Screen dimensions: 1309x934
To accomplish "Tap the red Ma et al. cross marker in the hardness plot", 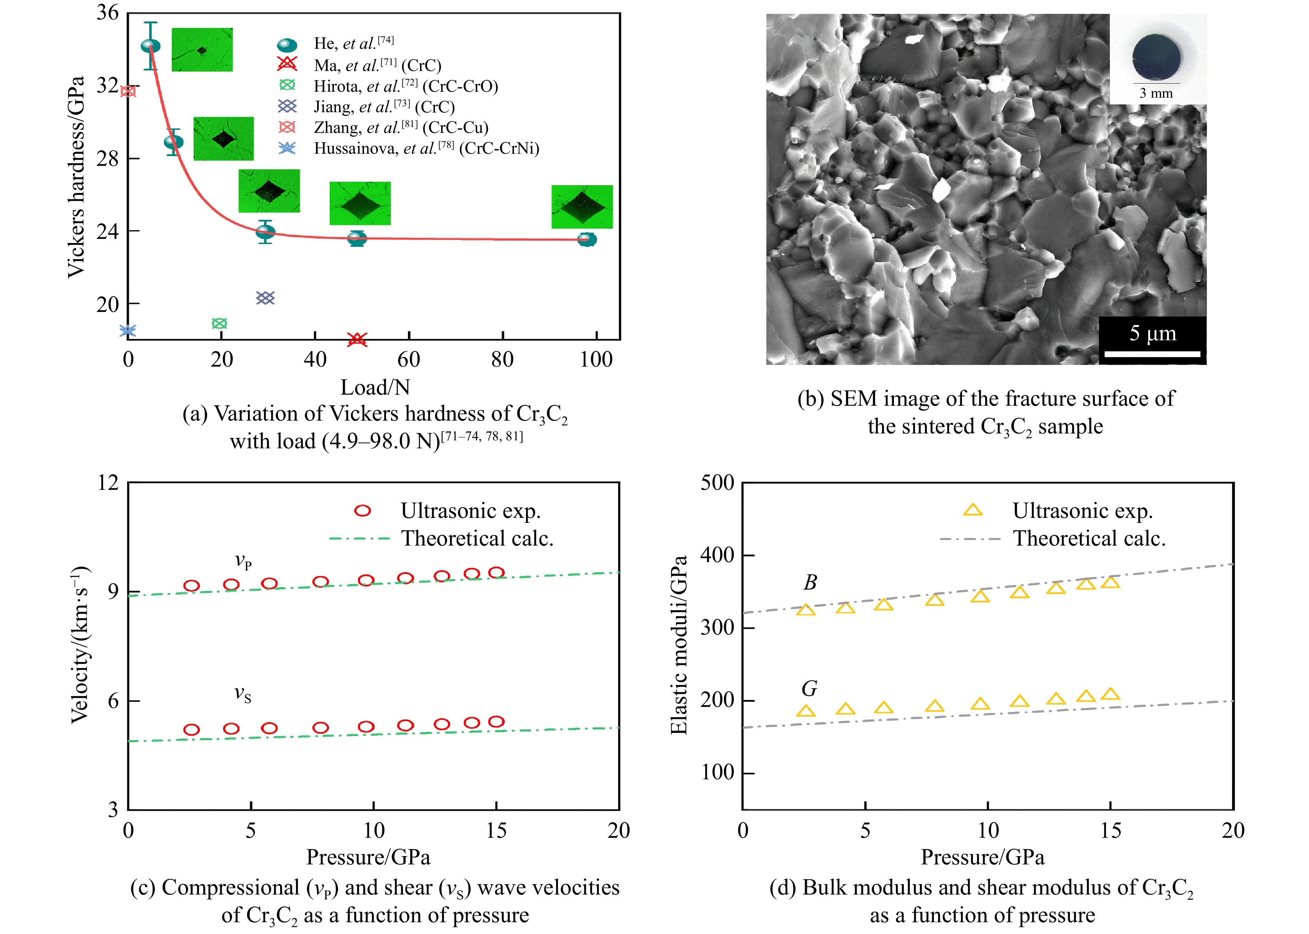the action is pyautogui.click(x=357, y=339).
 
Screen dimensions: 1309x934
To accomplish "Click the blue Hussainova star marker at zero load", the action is pyautogui.click(x=128, y=331).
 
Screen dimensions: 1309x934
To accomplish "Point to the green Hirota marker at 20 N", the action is pyautogui.click(x=219, y=323).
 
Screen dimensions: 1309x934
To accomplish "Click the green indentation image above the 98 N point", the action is pyautogui.click(x=582, y=207).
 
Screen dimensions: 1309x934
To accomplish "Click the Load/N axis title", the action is pyautogui.click(x=375, y=388).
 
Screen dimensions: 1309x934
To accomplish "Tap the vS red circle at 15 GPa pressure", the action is pyautogui.click(x=496, y=722).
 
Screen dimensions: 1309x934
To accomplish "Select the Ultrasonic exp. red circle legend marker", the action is pyautogui.click(x=363, y=511).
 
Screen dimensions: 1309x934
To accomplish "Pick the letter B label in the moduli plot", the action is pyautogui.click(x=810, y=583).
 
